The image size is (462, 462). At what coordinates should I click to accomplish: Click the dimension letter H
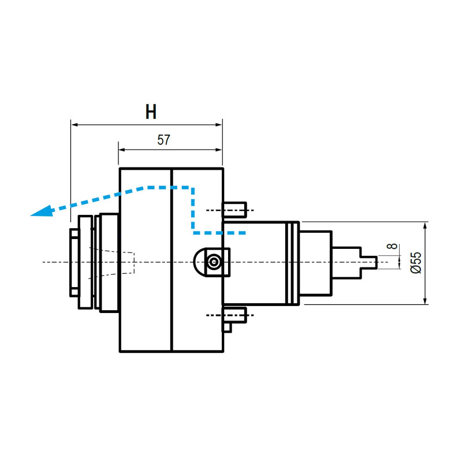click(x=151, y=112)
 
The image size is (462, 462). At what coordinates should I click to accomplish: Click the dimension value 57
click(x=164, y=140)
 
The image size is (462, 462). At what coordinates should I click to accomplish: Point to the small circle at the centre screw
click(x=215, y=262)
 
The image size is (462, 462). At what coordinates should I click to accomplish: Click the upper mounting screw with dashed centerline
click(x=235, y=210)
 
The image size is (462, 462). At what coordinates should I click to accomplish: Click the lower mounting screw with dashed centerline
click(x=235, y=315)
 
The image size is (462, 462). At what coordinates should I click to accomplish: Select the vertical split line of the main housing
click(x=172, y=260)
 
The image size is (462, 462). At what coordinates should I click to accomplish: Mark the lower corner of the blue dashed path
click(x=194, y=232)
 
